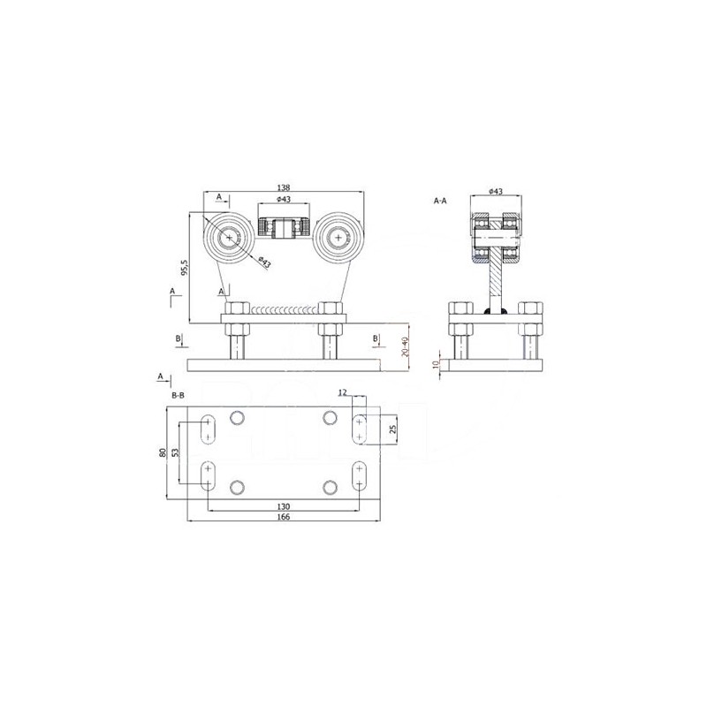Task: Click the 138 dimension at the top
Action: (x=284, y=187)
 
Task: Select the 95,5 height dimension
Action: (x=184, y=268)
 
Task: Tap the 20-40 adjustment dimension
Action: (x=405, y=346)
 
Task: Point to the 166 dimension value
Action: (x=284, y=517)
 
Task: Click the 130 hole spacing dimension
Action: (x=284, y=506)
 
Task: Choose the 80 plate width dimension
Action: (x=163, y=452)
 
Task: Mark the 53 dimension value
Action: (x=175, y=452)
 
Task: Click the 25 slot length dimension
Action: (x=392, y=430)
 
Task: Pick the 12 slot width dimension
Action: (x=343, y=392)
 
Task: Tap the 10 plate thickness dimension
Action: (x=435, y=364)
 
